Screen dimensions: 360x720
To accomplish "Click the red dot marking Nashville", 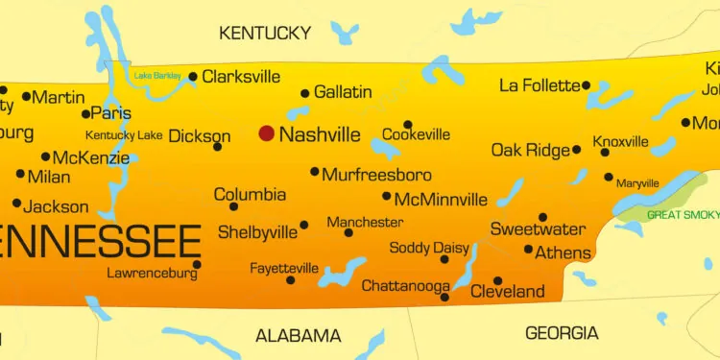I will point(266,133).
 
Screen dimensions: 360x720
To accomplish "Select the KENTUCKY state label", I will point(265,33).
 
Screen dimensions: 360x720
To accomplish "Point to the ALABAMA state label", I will point(298,335).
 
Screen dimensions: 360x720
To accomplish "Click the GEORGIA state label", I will point(562,333).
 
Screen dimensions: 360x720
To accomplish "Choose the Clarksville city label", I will point(241,76).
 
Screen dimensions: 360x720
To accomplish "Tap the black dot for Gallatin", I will point(305,93).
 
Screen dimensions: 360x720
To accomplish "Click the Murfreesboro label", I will point(376,175).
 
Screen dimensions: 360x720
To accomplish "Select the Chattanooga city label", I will point(405,286).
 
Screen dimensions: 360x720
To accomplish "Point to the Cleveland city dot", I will point(497,280).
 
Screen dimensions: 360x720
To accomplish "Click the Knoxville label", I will point(621,142).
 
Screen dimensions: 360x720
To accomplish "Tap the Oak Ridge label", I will point(530,150).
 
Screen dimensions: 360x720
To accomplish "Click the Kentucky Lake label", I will point(124,135).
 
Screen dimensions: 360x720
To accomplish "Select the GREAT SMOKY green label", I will point(683,215).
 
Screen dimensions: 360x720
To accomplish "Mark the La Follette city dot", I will point(587,85).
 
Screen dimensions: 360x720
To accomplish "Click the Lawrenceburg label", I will point(153,274).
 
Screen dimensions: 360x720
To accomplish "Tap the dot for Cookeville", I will point(408,124).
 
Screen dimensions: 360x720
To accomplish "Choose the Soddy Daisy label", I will point(429,248).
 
